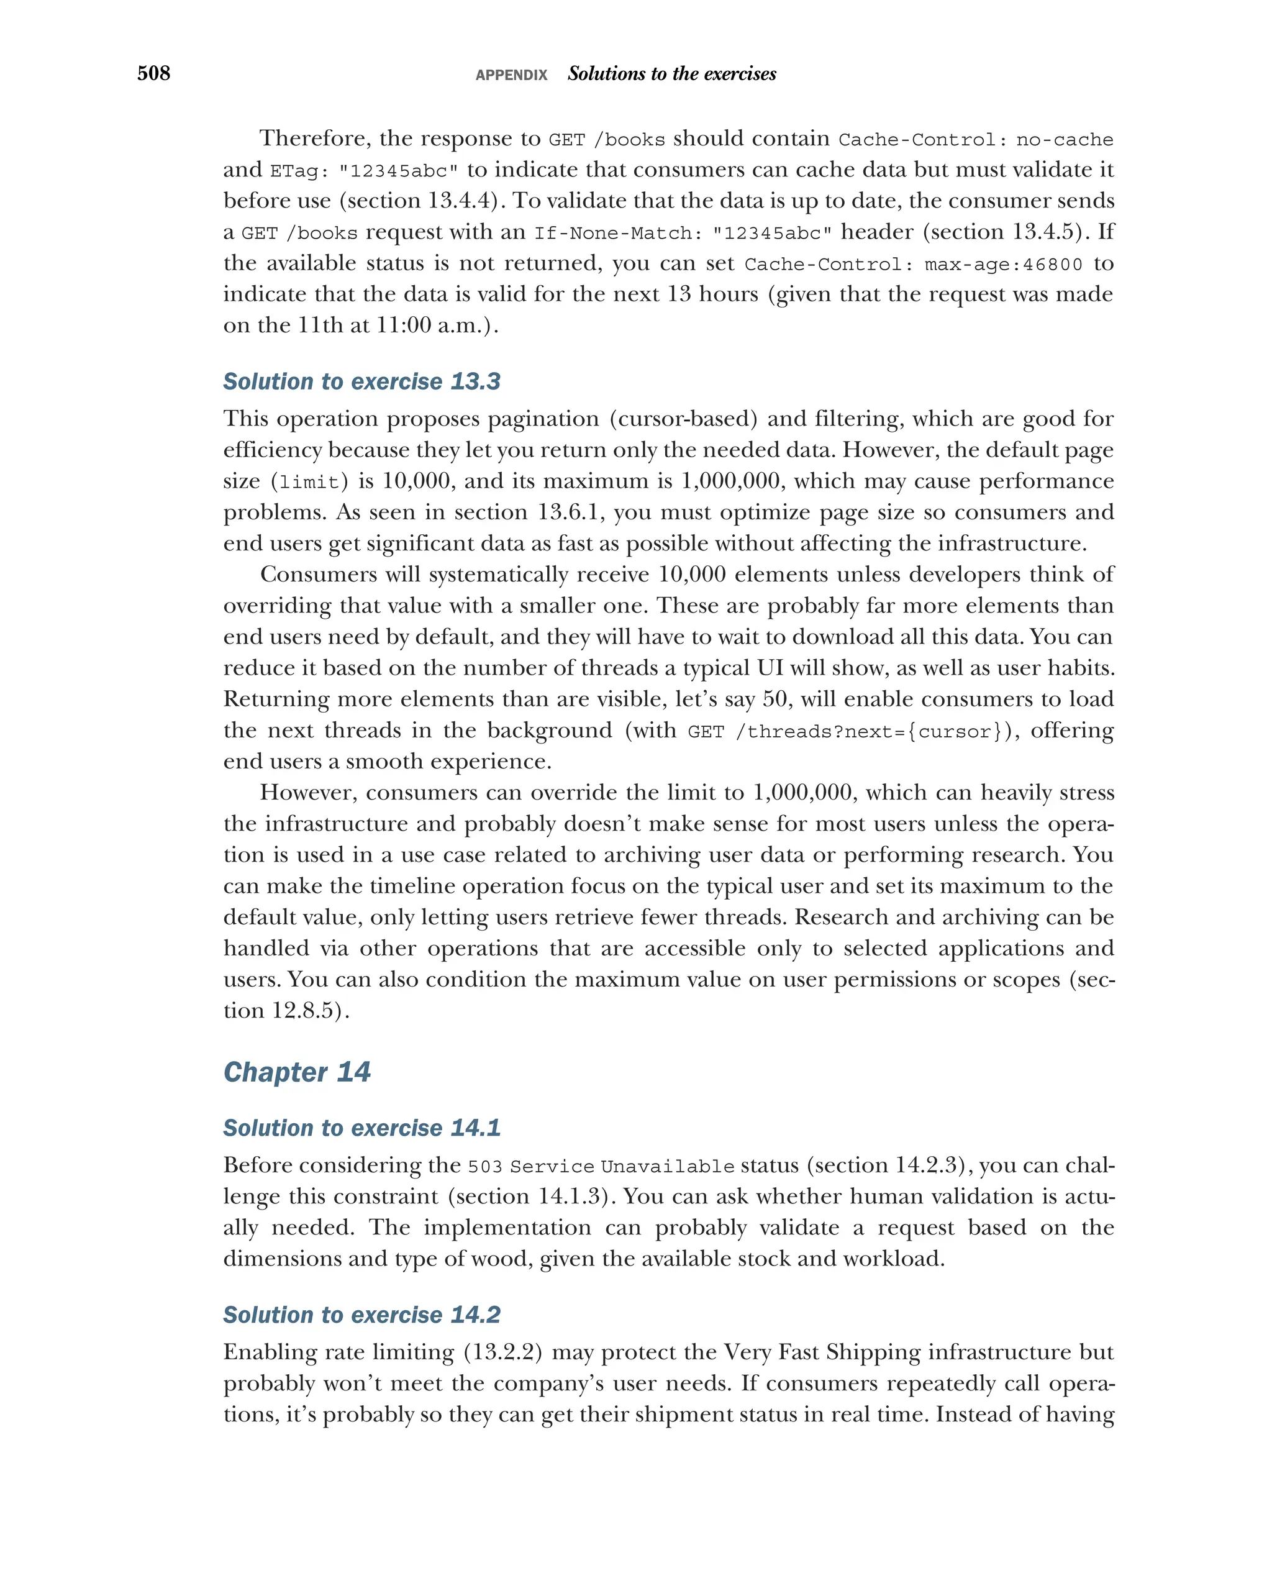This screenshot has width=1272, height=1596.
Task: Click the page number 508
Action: point(154,73)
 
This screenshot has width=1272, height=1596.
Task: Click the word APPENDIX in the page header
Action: point(511,75)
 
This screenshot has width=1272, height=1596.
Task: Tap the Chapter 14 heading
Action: point(297,1072)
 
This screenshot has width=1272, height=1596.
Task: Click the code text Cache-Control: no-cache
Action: point(975,140)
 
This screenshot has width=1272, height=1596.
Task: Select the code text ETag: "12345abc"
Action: point(364,171)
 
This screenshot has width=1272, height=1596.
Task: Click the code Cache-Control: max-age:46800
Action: point(913,264)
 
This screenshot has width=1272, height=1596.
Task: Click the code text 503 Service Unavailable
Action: point(601,1167)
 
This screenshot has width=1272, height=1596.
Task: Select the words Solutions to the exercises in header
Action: point(672,74)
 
